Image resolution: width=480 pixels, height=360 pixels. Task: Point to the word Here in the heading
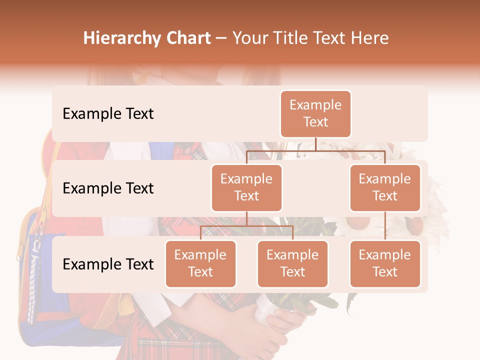pyautogui.click(x=369, y=38)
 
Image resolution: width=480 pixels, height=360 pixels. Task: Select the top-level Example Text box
pyautogui.click(x=315, y=114)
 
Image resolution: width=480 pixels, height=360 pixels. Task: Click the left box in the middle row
pyautogui.click(x=246, y=188)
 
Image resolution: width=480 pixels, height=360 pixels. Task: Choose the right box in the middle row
pyautogui.click(x=385, y=188)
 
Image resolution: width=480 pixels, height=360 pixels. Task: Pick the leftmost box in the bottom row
pyautogui.click(x=200, y=264)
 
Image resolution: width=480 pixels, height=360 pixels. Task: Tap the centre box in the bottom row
pyautogui.click(x=292, y=264)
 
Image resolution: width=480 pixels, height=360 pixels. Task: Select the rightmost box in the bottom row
pyautogui.click(x=385, y=264)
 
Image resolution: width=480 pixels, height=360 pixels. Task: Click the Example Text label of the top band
pyautogui.click(x=108, y=114)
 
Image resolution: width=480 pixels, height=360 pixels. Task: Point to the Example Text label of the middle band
pyautogui.click(x=108, y=188)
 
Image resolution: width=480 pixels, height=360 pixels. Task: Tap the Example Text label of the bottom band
pyautogui.click(x=108, y=264)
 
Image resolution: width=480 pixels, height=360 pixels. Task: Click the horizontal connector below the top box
pyautogui.click(x=315, y=150)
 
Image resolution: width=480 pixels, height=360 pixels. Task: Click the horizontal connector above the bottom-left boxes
pyautogui.click(x=246, y=226)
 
